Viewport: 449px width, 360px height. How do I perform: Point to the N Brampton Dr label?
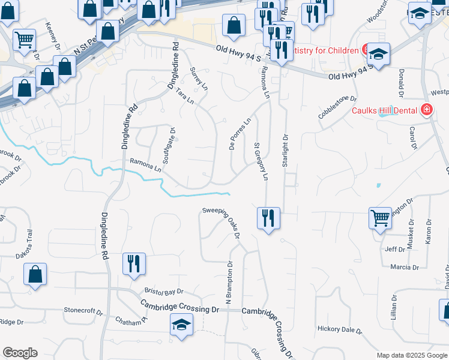click(x=229, y=283)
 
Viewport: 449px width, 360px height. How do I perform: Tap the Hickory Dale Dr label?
click(x=340, y=329)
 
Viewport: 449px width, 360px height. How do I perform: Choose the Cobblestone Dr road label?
click(x=337, y=107)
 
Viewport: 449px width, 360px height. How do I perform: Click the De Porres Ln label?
click(x=239, y=133)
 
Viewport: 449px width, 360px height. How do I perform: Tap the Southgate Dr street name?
click(x=167, y=147)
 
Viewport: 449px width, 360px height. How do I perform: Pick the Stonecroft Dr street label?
click(x=83, y=311)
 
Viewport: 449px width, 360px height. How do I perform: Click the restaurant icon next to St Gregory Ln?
click(x=268, y=217)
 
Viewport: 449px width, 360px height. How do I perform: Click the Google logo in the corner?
click(x=19, y=353)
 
